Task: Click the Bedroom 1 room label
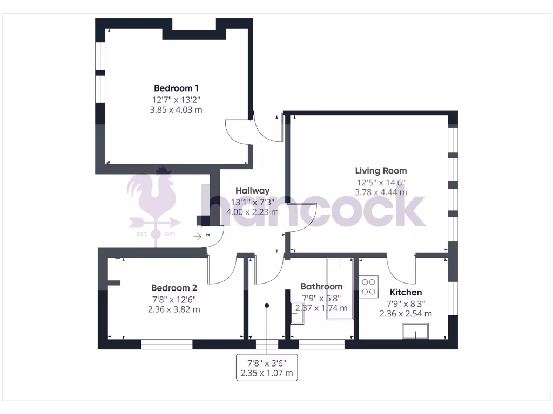click(177, 88)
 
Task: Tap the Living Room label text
click(381, 171)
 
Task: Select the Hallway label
click(252, 191)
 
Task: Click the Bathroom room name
click(321, 286)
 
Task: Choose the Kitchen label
click(406, 292)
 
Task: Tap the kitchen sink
click(415, 331)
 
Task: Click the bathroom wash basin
click(298, 313)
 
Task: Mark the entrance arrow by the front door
click(198, 236)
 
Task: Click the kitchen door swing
click(401, 270)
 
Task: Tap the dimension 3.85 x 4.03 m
click(176, 109)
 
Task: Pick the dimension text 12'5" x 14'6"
click(381, 182)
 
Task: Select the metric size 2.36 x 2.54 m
click(406, 314)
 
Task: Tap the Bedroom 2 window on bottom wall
click(167, 344)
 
